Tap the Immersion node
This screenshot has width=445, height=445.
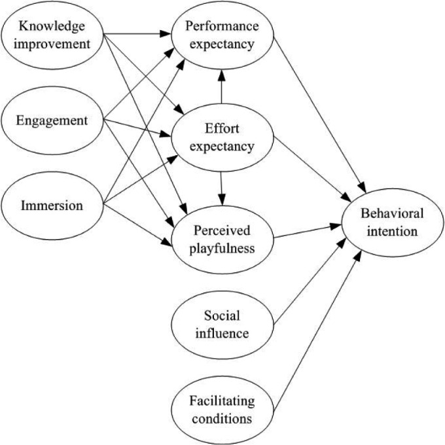(52, 205)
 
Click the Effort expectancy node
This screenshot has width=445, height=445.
(222, 137)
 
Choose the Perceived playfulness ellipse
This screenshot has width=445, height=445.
(222, 240)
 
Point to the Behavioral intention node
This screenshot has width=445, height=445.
(391, 222)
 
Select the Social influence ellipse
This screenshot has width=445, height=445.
(222, 325)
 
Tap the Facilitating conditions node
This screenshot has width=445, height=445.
(222, 409)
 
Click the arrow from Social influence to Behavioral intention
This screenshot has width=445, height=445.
(308, 281)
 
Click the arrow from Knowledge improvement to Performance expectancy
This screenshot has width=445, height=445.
(137, 32)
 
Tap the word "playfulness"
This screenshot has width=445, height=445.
(222, 248)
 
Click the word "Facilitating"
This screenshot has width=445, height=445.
(222, 400)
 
